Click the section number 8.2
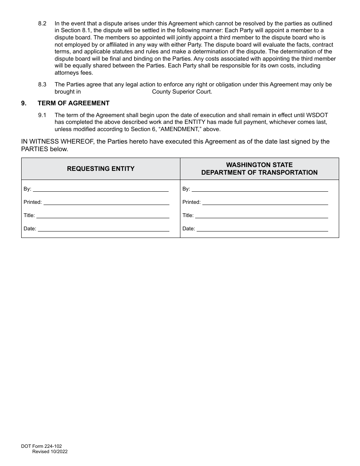(x=42, y=23)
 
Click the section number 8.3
(x=42, y=84)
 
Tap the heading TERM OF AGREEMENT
(x=74, y=103)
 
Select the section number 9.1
(x=42, y=115)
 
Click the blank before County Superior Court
(x=116, y=92)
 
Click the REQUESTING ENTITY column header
(x=101, y=169)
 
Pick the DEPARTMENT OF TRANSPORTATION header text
(x=259, y=172)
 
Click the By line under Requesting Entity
(x=101, y=188)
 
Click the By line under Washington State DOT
(x=260, y=188)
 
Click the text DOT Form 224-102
(x=41, y=446)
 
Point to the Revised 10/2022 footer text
(x=50, y=452)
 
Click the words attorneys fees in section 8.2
(x=74, y=73)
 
